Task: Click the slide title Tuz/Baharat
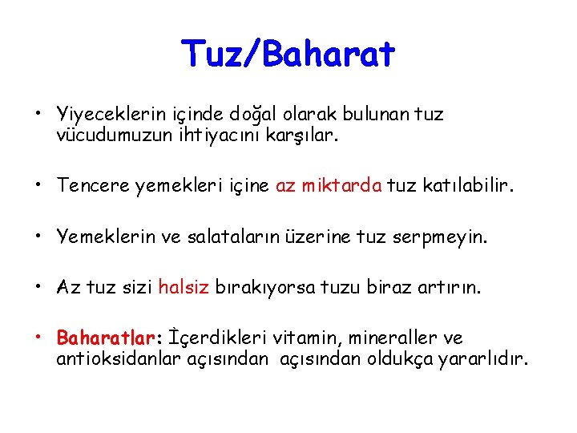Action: pos(288,55)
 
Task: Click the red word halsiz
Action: pos(184,287)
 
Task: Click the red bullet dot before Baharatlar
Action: pos(38,338)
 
